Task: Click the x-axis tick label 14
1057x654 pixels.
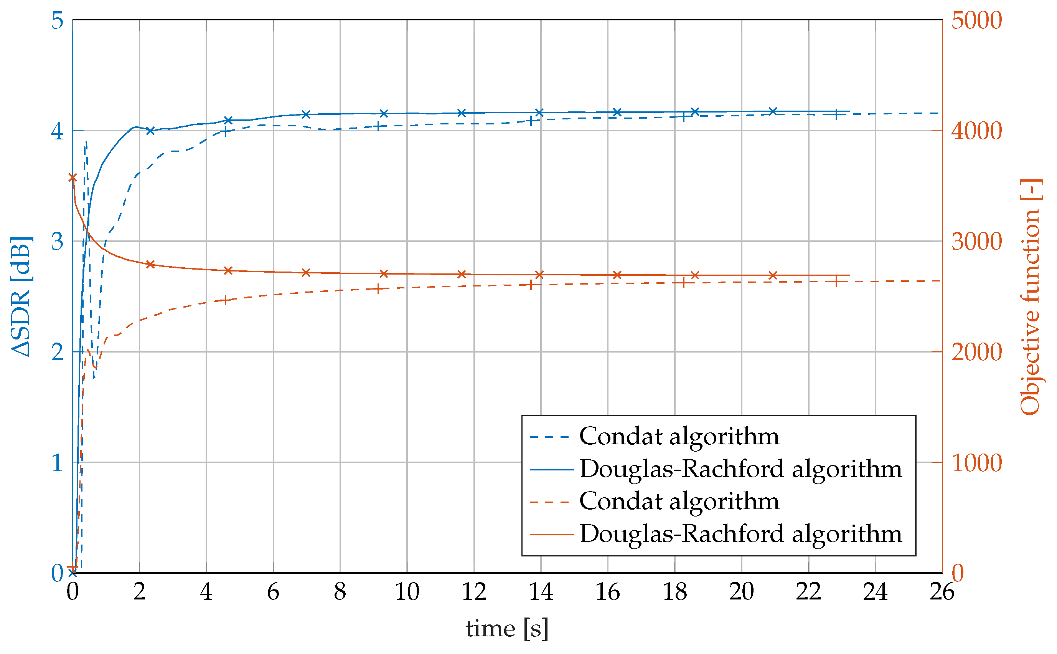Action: (x=541, y=592)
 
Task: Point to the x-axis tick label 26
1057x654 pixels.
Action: (x=942, y=592)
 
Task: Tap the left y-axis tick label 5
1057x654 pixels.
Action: (x=57, y=20)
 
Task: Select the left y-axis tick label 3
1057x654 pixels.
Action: (x=57, y=241)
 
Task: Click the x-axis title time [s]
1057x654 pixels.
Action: (x=507, y=629)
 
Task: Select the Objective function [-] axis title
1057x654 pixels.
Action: (x=1032, y=297)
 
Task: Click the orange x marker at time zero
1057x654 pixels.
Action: (x=73, y=178)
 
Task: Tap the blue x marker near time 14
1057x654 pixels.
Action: (x=539, y=113)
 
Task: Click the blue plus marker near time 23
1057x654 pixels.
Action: (x=836, y=114)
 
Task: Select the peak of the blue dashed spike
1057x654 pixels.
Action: (x=86, y=142)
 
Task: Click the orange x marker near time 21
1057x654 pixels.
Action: (x=773, y=275)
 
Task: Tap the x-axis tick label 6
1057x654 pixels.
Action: (x=273, y=592)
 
